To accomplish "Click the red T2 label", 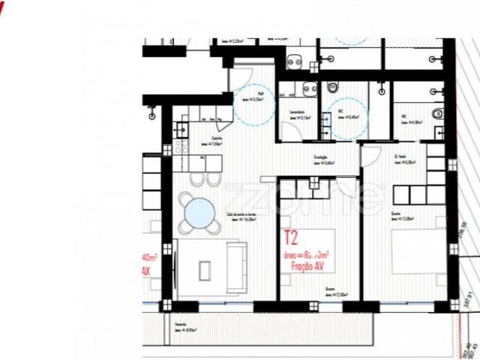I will click(x=291, y=239).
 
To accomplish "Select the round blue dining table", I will click(x=199, y=211).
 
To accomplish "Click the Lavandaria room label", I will click(x=288, y=114).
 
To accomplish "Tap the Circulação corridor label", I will click(x=323, y=158).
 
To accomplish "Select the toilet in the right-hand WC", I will click(x=438, y=114).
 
